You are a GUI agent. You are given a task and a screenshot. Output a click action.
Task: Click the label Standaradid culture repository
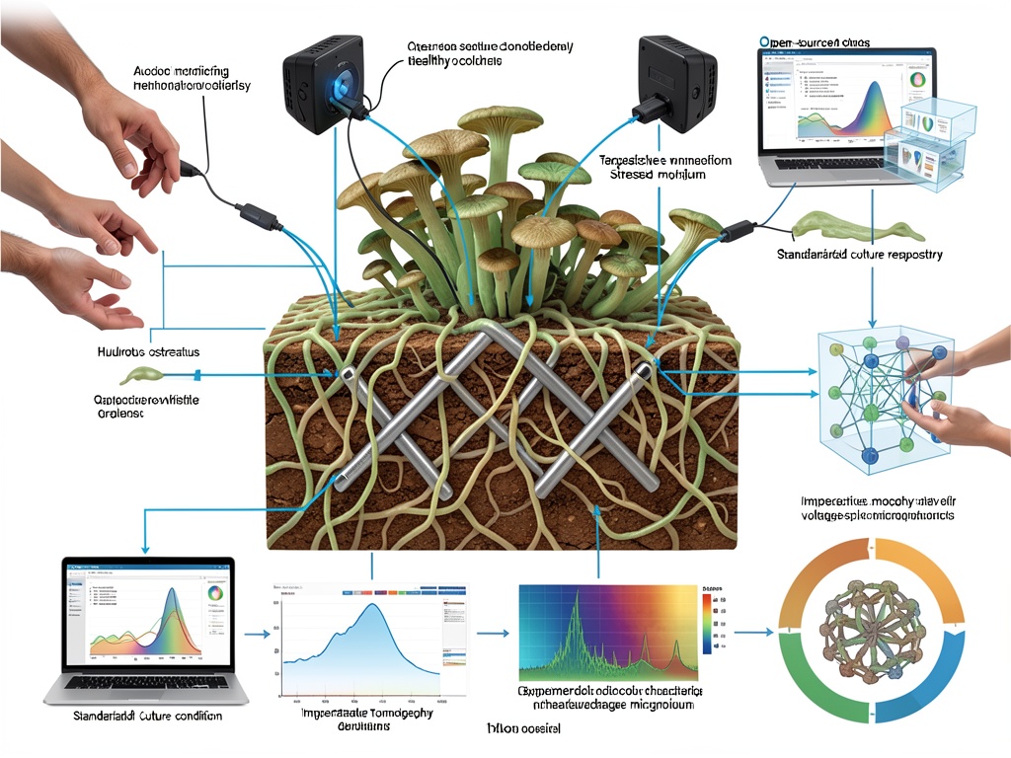coord(858,255)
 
